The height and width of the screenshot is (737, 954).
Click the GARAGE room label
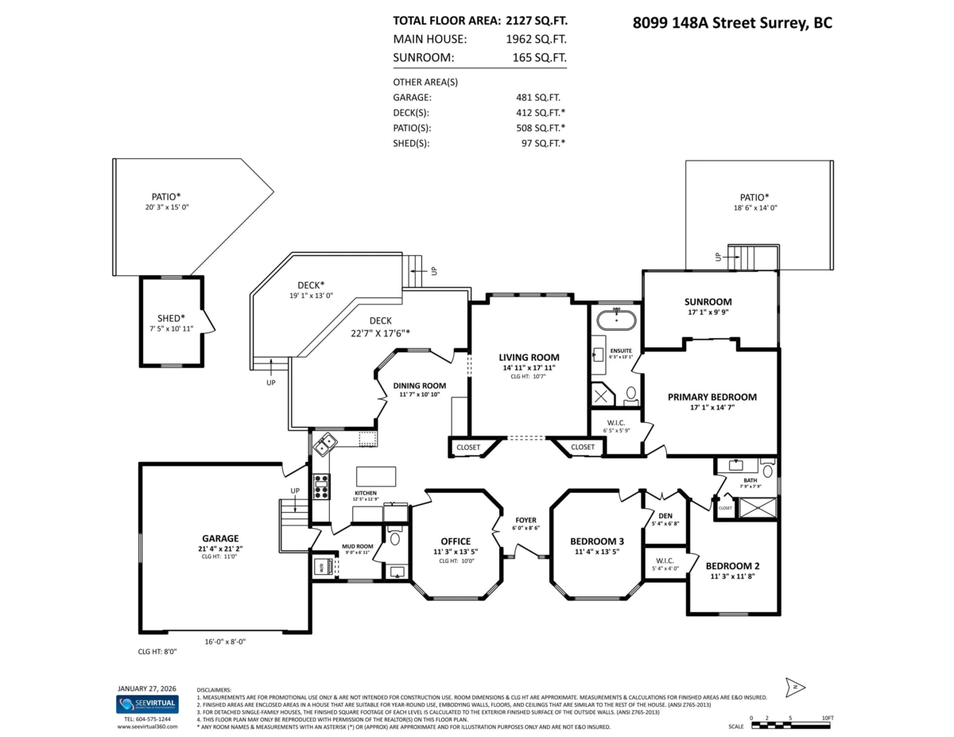coord(219,538)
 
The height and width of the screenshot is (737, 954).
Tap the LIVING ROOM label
coord(529,357)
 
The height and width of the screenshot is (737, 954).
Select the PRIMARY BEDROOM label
coord(712,397)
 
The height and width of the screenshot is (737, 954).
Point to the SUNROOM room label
coord(708,301)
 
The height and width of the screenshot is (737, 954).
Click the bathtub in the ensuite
coord(616,320)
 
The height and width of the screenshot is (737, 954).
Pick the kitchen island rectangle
coord(376,476)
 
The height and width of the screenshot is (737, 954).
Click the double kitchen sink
coord(324,446)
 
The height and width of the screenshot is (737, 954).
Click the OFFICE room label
coord(456,541)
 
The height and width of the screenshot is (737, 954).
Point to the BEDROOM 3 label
coord(597,541)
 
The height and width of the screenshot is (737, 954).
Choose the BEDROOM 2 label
coord(732,566)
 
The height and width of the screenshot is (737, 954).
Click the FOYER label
coord(525,520)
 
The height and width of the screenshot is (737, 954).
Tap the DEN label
coord(665,515)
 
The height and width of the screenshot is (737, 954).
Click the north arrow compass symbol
coord(796,687)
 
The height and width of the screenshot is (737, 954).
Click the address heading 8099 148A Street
coord(731,23)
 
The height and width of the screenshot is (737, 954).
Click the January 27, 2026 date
coord(147,688)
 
